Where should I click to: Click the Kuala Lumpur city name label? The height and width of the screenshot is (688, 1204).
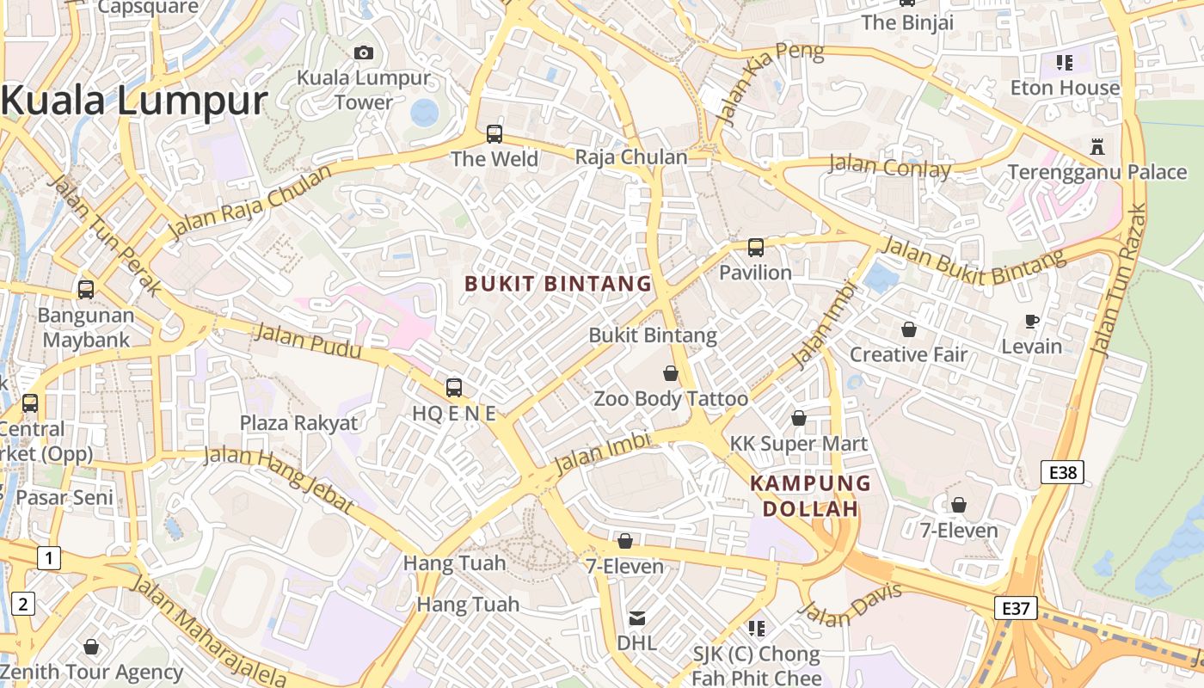point(134,101)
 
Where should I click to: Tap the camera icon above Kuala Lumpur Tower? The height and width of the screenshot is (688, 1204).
point(364,52)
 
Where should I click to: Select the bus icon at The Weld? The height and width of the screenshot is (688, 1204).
point(494,133)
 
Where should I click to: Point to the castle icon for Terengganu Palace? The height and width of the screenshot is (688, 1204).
point(1096,146)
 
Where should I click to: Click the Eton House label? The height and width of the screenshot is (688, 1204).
point(1065,88)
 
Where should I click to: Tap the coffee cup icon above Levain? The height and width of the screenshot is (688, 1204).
point(1032,322)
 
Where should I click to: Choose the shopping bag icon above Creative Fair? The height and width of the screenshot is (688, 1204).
point(908,329)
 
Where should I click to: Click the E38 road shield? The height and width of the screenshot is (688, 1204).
point(1062,472)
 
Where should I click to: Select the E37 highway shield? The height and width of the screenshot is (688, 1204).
point(1016,609)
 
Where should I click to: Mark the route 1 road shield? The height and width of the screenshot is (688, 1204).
point(48,558)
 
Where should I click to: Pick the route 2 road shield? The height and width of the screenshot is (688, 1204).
point(22,604)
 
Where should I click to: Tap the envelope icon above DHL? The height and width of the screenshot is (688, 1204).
point(636,618)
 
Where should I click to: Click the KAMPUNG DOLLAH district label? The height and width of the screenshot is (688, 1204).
point(810,496)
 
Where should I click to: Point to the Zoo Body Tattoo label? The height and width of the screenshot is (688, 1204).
point(671,399)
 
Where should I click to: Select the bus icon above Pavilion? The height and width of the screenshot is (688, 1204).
point(755,248)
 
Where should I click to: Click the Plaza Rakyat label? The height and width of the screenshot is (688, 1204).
point(298,423)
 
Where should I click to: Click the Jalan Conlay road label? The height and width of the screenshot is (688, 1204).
point(889,166)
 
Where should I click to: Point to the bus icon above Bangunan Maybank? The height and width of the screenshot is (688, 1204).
point(85,290)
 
